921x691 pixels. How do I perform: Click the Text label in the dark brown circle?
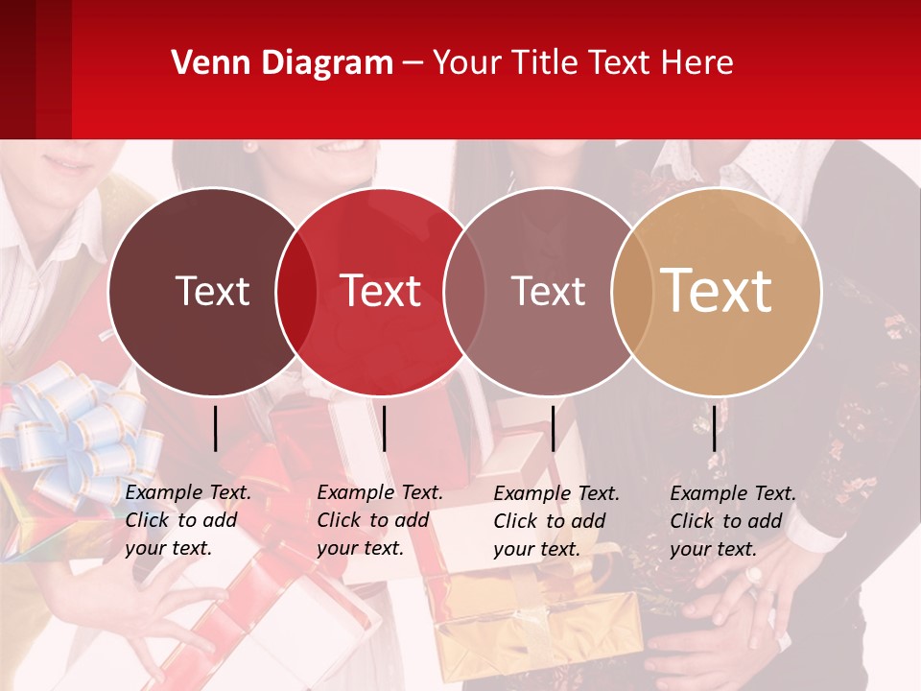(x=212, y=291)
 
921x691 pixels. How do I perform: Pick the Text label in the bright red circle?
(x=381, y=291)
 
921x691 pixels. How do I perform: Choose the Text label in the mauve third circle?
(x=548, y=291)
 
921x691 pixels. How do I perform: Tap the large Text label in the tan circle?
(x=717, y=290)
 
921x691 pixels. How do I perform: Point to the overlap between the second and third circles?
(x=464, y=292)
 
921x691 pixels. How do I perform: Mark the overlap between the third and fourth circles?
(x=630, y=292)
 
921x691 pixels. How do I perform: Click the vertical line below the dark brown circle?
(x=215, y=428)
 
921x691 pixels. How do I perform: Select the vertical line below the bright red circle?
(x=384, y=428)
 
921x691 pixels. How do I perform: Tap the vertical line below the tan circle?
(x=714, y=428)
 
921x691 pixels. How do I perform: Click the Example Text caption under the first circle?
(x=188, y=520)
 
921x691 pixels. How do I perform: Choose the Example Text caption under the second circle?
(x=380, y=520)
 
